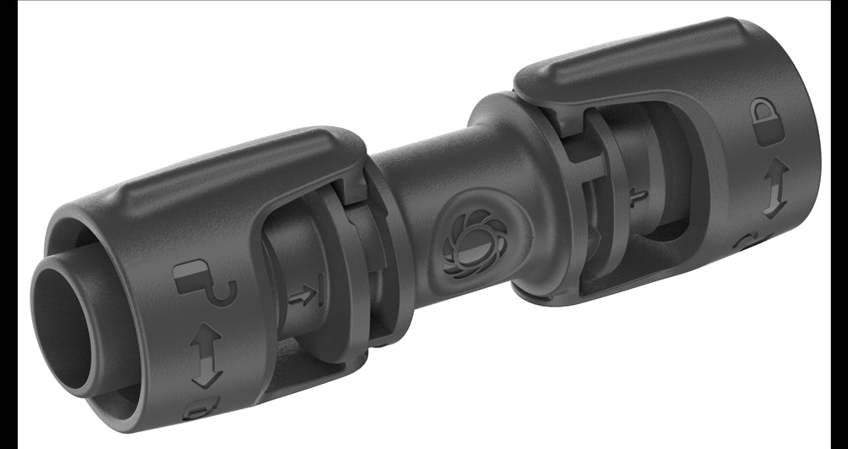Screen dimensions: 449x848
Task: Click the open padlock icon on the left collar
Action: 204,283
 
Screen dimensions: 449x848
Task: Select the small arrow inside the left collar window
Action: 303,296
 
